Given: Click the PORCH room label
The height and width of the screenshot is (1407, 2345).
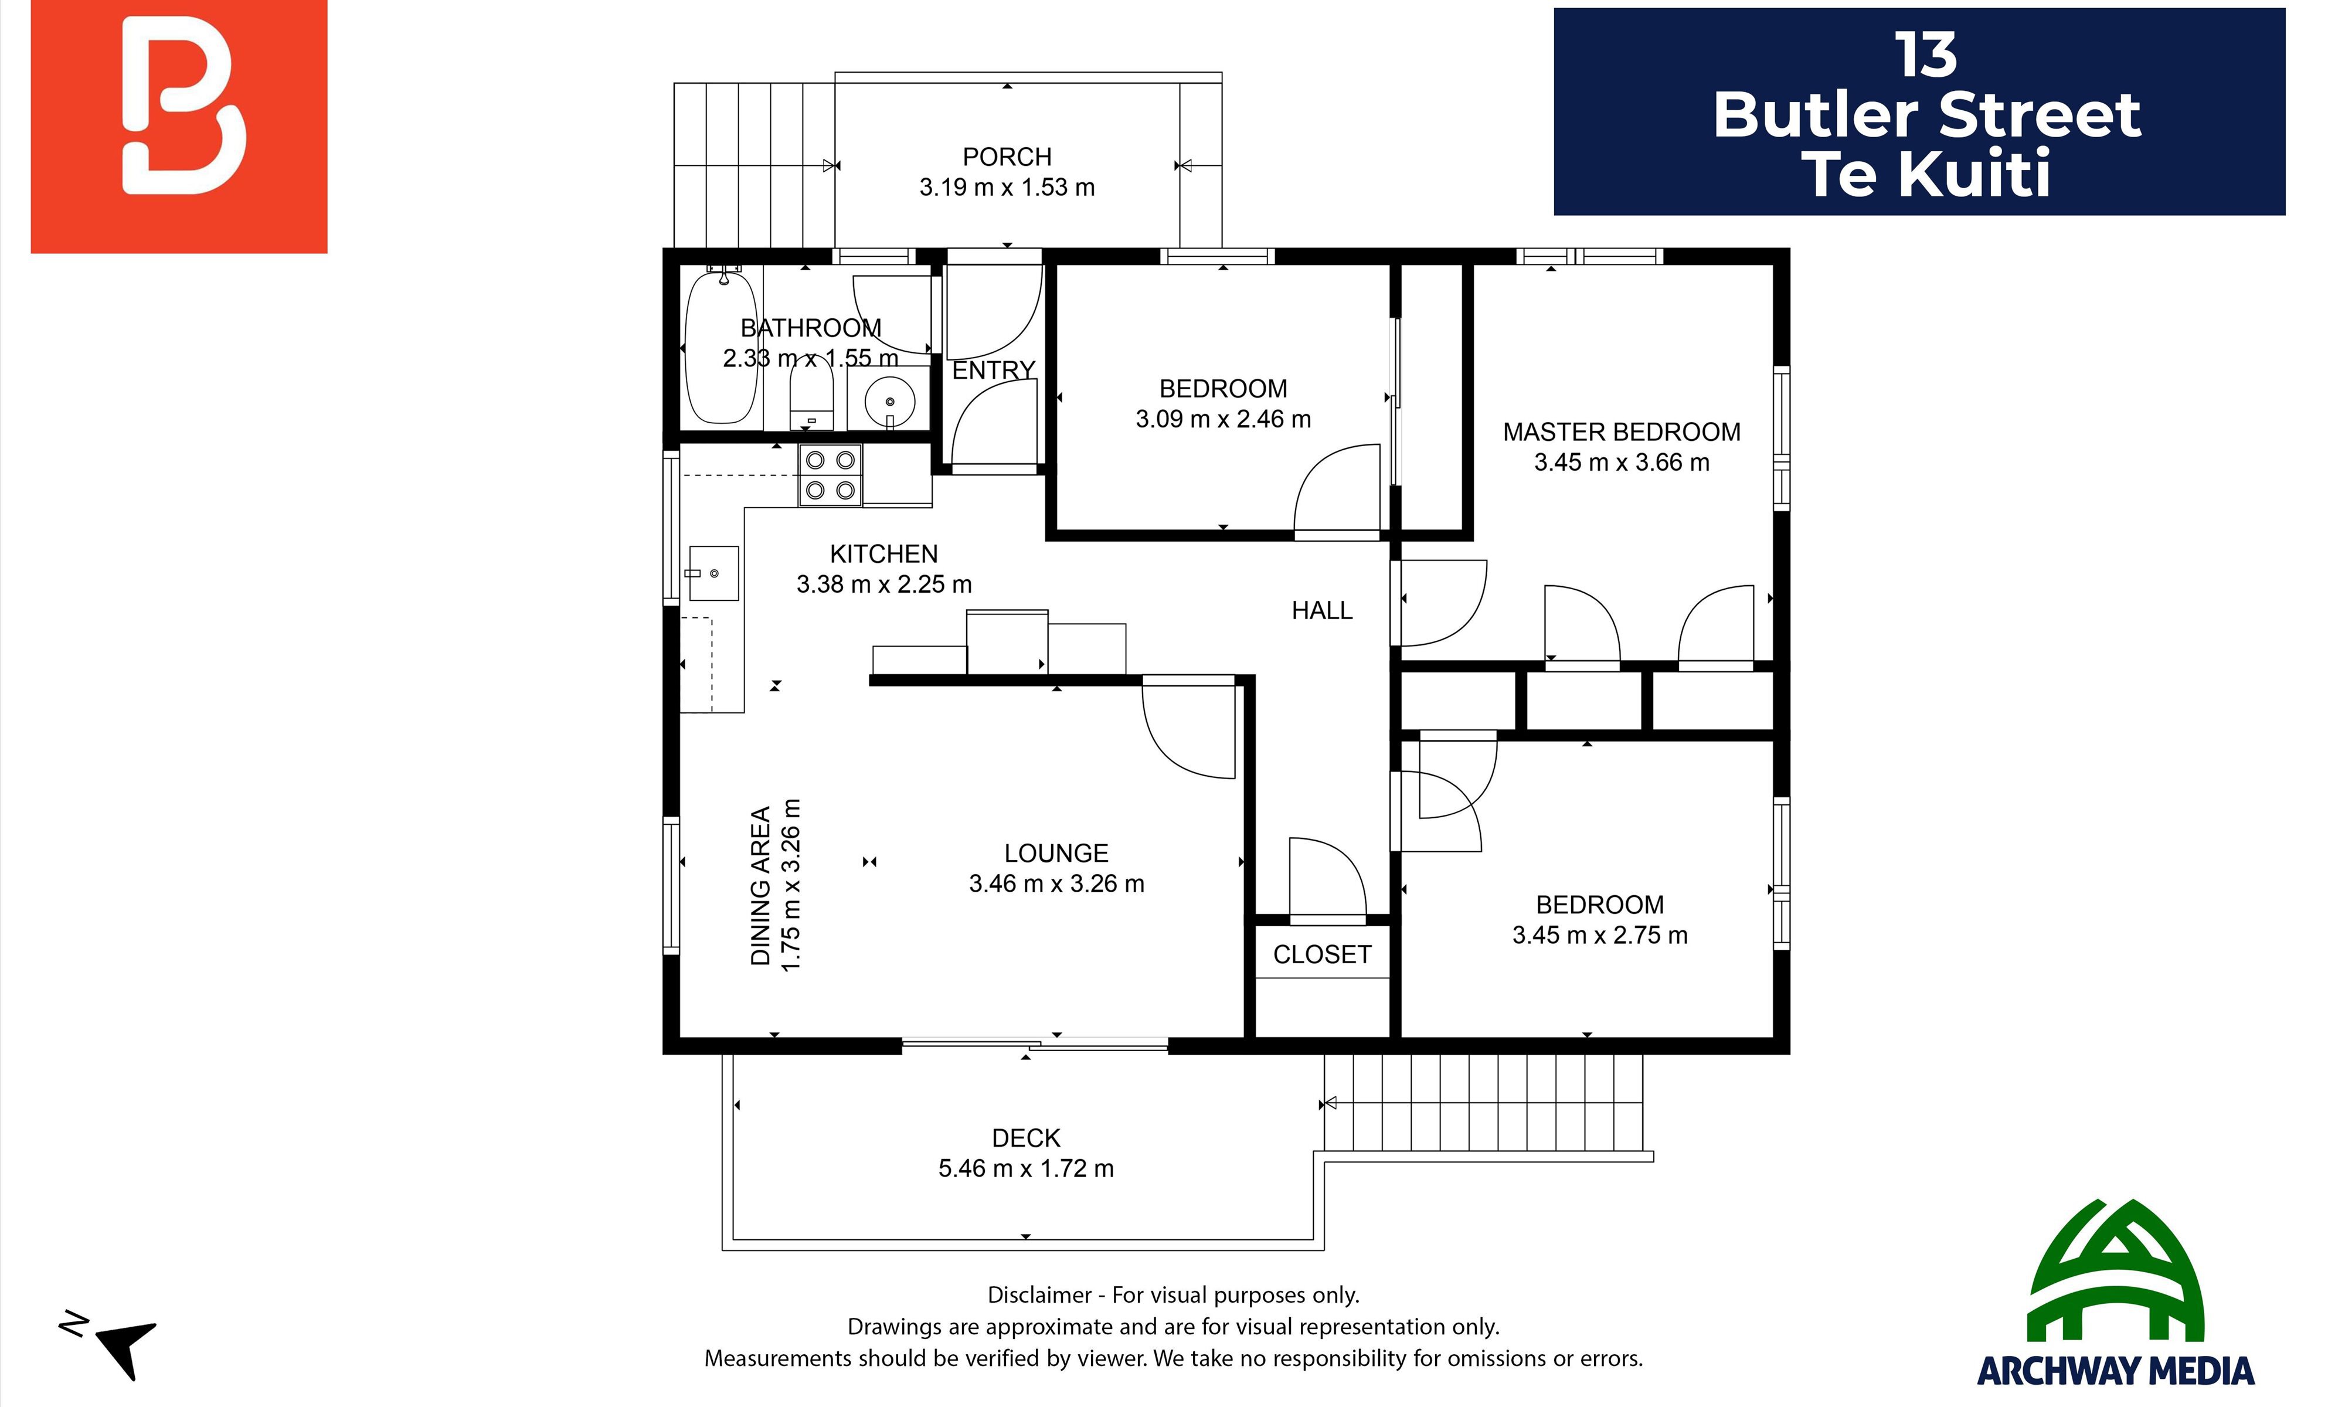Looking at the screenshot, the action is (x=1007, y=157).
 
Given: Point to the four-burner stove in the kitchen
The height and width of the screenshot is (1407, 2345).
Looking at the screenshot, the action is (x=830, y=475).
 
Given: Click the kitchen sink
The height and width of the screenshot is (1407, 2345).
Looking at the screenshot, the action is (x=713, y=573).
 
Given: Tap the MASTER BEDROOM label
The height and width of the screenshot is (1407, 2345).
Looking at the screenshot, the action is (x=1622, y=432).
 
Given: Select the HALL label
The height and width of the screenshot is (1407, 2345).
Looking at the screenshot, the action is (x=1322, y=611).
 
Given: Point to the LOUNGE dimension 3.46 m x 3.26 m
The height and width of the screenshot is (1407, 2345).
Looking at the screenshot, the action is (x=1056, y=883).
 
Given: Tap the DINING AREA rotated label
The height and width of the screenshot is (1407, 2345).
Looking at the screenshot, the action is (x=760, y=886).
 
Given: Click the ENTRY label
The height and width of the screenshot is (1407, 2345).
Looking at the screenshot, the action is (x=993, y=370).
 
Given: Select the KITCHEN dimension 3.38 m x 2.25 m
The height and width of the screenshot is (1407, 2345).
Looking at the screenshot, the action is (x=883, y=584).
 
